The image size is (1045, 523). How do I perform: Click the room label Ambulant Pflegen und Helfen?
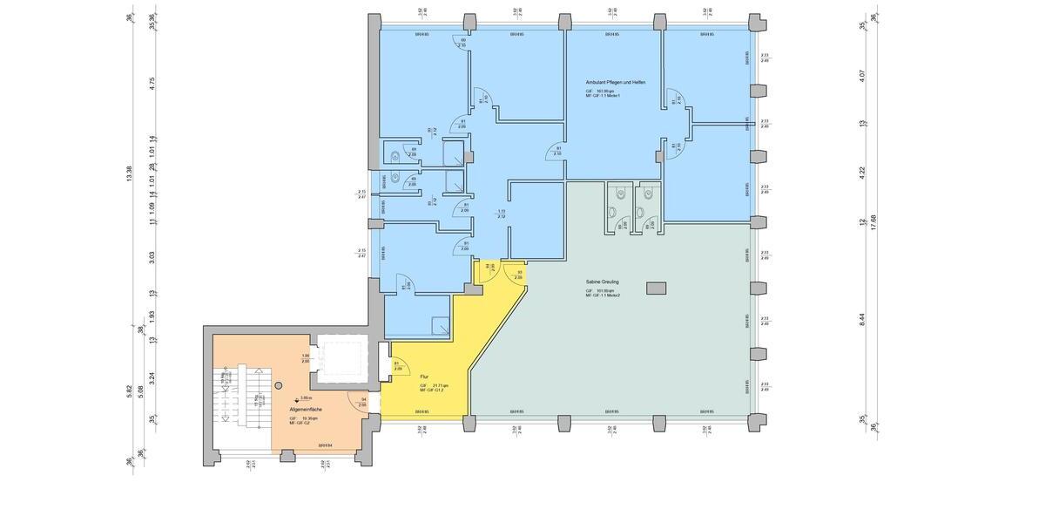[615, 82]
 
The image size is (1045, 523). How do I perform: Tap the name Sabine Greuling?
[602, 282]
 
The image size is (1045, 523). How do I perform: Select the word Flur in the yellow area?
[424, 377]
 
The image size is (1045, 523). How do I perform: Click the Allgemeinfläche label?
[307, 408]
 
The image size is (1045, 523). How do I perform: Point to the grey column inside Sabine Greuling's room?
[655, 288]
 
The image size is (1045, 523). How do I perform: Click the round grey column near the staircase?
[279, 384]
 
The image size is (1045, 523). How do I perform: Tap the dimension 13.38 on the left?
[130, 175]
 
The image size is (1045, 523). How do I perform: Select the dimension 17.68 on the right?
[873, 223]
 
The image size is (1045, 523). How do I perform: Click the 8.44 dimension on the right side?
[862, 319]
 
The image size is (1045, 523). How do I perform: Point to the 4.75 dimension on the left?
[152, 84]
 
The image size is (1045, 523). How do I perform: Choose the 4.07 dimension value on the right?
[862, 76]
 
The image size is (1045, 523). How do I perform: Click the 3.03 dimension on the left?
[152, 257]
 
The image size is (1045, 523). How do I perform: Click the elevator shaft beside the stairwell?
[343, 360]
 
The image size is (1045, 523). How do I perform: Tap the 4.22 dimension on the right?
[862, 173]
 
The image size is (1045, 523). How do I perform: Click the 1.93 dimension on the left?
[152, 316]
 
